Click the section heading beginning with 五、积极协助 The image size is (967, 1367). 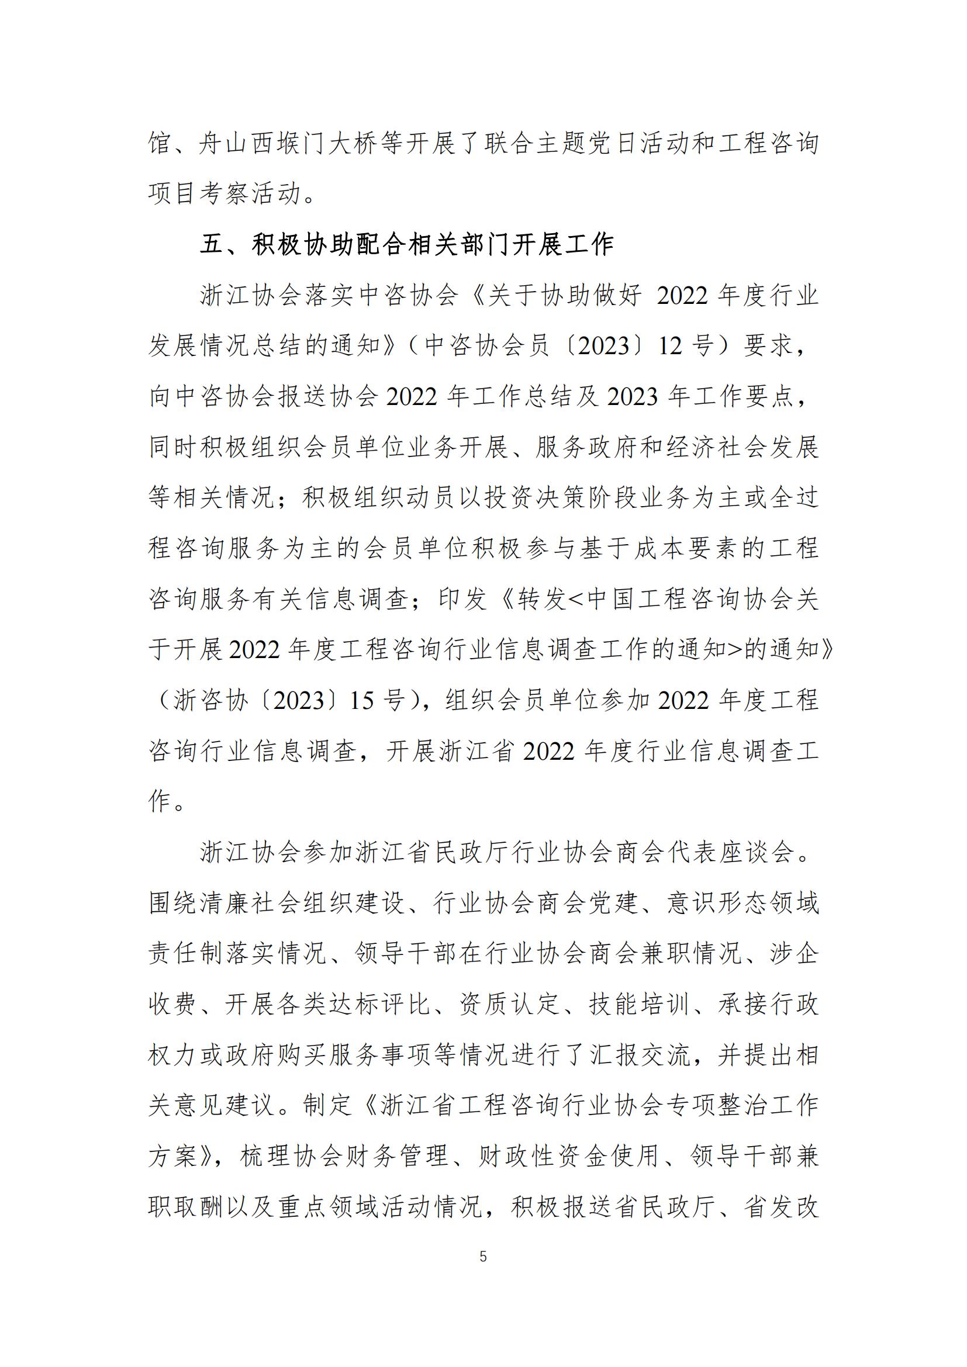[407, 245]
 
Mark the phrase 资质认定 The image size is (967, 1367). [510, 1005]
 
